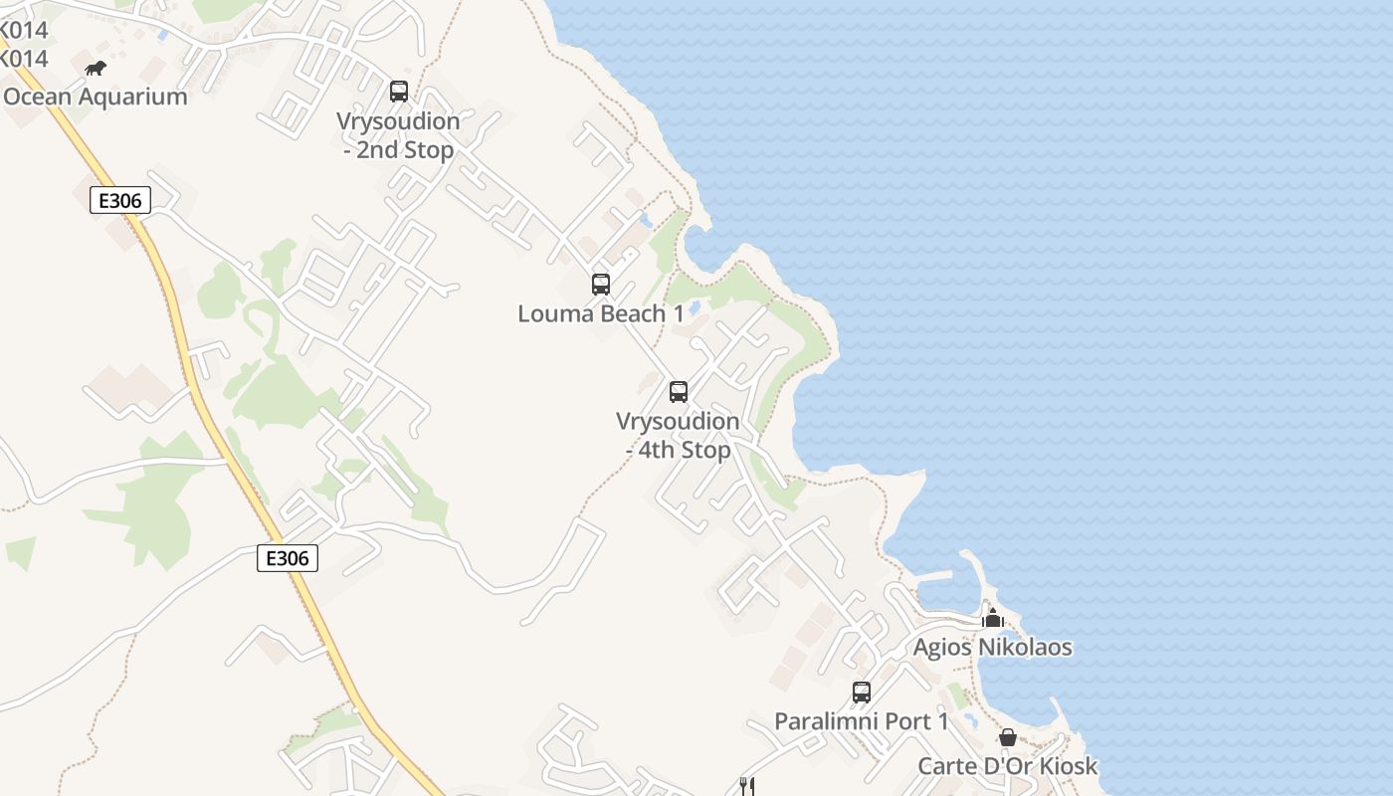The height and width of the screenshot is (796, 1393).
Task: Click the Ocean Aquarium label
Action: pos(96,97)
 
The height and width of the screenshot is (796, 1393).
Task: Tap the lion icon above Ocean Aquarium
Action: pos(96,69)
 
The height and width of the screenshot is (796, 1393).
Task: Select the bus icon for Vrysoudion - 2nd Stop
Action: pos(399,92)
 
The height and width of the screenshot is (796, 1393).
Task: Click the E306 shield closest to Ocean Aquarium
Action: pos(120,200)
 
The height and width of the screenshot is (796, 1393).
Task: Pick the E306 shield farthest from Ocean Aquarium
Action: pos(288,558)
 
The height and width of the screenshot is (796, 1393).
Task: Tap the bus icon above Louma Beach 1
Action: pos(601,285)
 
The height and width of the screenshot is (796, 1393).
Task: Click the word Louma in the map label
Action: pos(550,313)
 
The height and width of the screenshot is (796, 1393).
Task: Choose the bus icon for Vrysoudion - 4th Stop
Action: pos(679,392)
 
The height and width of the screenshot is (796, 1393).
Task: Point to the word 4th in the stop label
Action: pos(657,450)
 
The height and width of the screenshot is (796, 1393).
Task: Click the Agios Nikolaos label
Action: pos(992,647)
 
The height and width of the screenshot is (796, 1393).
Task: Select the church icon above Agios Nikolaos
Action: pos(992,618)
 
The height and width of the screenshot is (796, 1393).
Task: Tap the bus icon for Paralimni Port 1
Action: pos(862,693)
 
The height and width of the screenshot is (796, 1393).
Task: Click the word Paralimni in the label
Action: pos(821,721)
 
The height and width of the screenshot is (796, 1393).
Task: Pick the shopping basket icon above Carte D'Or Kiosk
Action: pos(1008,737)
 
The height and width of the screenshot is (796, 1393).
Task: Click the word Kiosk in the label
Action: pos(1068,766)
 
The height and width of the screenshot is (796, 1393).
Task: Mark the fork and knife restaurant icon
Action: pos(746,786)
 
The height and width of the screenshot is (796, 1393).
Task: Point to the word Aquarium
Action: pos(134,97)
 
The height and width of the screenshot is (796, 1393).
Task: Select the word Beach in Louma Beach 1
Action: pos(629,313)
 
